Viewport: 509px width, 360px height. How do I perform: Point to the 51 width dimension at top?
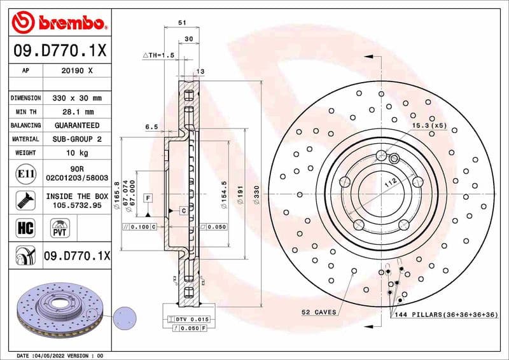[x=182, y=22]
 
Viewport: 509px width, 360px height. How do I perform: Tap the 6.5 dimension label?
[x=151, y=127]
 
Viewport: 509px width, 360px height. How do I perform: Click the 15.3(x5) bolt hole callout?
[x=429, y=127]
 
